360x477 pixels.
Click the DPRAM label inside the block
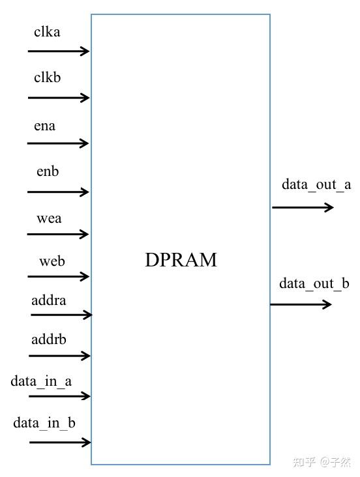pos(181,261)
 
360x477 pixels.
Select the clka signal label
pos(47,31)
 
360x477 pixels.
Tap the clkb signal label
pos(48,78)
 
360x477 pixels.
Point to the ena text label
pos(45,126)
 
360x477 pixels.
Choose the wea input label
pos(49,218)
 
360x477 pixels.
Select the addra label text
pos(49,300)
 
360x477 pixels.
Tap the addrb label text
pos(49,340)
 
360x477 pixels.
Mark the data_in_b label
pos(44,423)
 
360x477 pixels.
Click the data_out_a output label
pos(316,184)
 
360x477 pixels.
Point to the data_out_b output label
pos(314,283)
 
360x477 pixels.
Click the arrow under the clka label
pos(58,51)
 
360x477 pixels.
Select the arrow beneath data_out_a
pos(303,207)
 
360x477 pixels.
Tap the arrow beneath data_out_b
pos(301,304)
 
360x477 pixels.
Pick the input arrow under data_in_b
pos(59,442)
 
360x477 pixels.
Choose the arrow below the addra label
pos(60,315)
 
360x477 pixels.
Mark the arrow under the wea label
pos(58,234)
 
